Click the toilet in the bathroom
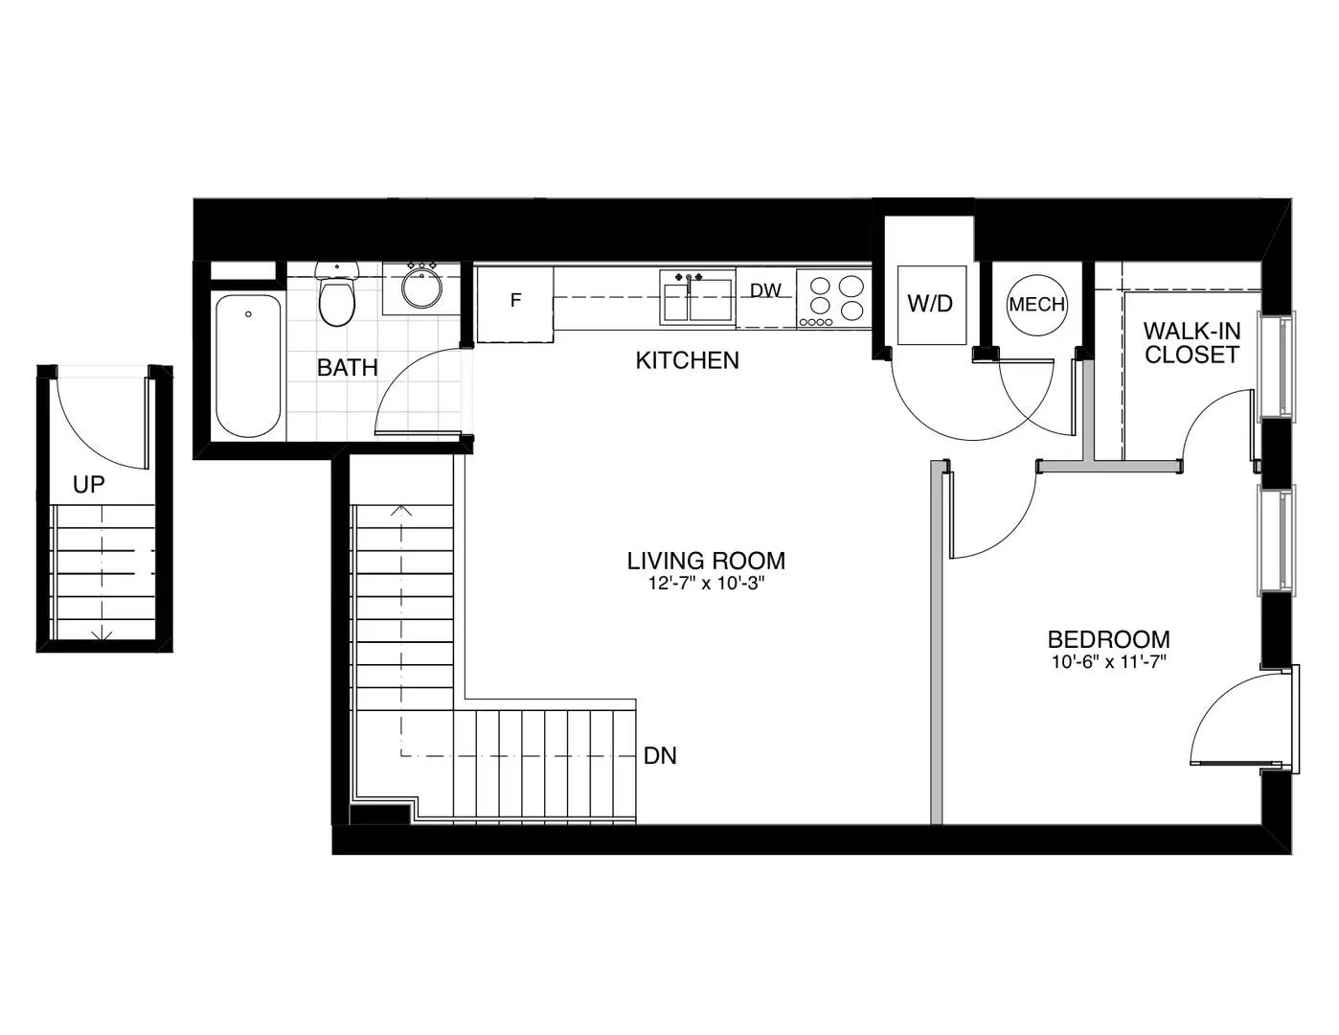point(336,294)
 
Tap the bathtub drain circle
point(248,314)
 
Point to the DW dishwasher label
point(765,290)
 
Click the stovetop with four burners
point(833,298)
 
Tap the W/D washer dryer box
point(931,305)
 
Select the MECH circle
point(1037,305)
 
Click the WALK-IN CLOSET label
point(1191,343)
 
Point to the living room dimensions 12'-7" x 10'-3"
point(706,584)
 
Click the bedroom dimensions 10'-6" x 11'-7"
point(1109,662)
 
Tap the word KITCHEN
point(687,360)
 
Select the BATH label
point(347,368)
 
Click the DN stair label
point(660,756)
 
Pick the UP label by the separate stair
point(89,485)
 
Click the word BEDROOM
point(1109,639)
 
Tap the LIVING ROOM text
point(706,561)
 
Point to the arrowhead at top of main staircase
point(401,511)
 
